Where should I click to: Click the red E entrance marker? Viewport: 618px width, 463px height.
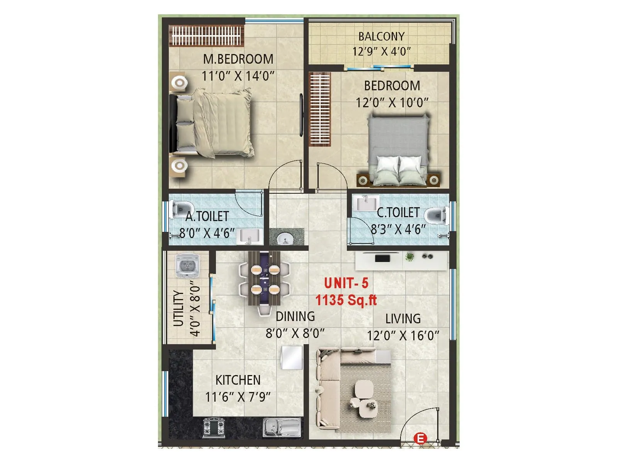[420, 439]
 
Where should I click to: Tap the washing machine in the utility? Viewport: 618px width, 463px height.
[187, 266]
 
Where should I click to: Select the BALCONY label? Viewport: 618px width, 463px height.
[381, 36]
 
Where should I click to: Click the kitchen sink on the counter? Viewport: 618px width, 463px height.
[282, 428]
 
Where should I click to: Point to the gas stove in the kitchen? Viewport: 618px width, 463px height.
[214, 428]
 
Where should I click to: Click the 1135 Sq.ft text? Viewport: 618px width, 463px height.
[346, 300]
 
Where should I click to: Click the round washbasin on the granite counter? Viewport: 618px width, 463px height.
[286, 238]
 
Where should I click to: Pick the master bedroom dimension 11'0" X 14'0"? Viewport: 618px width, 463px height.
[238, 76]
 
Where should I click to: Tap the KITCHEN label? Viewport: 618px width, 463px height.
[238, 380]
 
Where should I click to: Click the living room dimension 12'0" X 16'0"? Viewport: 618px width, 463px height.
[403, 336]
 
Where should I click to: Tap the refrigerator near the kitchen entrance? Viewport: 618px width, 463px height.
[292, 358]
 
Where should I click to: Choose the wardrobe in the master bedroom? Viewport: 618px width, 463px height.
[207, 35]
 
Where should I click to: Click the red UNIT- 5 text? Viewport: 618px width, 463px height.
[346, 283]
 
